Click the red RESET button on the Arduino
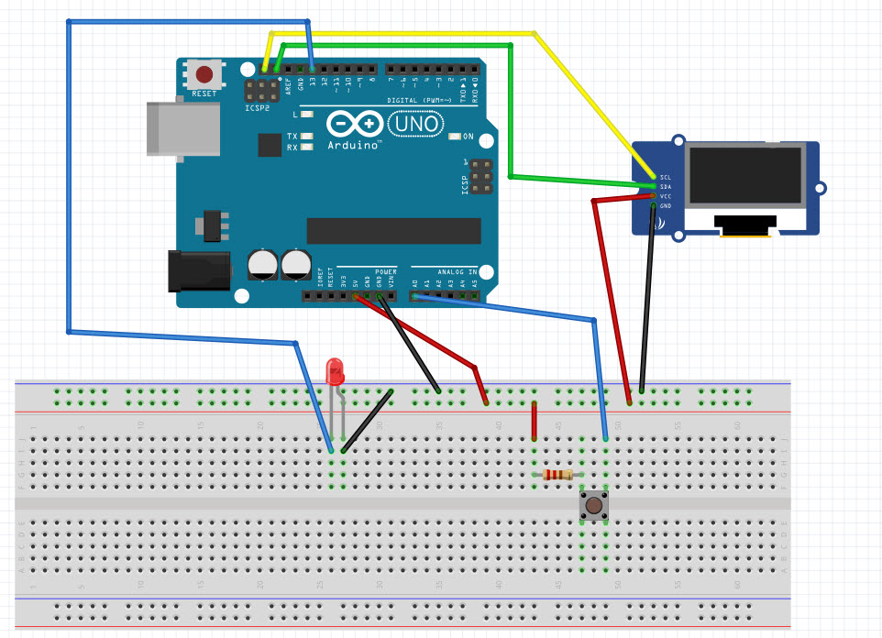point(204,74)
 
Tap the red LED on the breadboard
point(336,371)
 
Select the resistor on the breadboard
point(557,474)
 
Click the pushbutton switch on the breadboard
point(594,505)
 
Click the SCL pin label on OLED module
point(666,176)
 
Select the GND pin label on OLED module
point(666,206)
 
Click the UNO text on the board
point(417,123)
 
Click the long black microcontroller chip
point(393,231)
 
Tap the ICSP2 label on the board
point(258,108)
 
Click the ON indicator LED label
point(468,137)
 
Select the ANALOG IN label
point(456,272)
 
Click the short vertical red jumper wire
point(534,421)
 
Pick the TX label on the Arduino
point(292,135)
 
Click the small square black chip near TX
point(270,145)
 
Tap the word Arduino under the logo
point(354,145)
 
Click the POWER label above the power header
point(386,272)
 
